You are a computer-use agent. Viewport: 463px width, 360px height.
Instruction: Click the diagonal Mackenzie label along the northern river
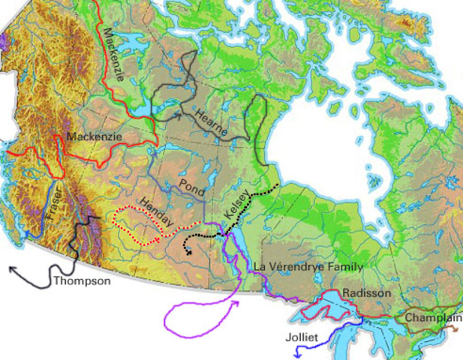click(x=114, y=54)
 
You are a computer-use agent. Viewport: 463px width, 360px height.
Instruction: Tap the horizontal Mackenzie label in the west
click(x=94, y=137)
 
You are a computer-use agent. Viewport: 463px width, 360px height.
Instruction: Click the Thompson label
click(x=82, y=282)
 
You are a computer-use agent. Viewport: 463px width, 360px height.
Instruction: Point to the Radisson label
click(x=365, y=292)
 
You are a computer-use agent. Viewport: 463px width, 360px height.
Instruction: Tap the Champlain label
click(x=431, y=318)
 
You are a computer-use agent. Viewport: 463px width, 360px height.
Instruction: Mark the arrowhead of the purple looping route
click(x=237, y=303)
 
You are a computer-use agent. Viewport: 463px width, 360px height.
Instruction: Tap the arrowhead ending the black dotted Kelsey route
click(x=188, y=253)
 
